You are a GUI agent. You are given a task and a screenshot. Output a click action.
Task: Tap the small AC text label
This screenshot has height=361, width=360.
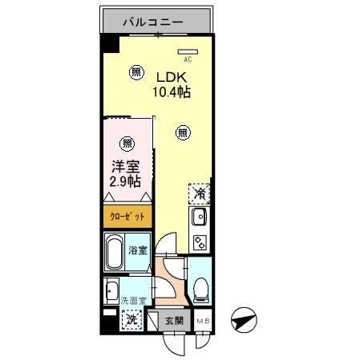[x=188, y=59]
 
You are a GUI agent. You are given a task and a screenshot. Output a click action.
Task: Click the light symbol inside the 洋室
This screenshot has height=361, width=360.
[x=126, y=144]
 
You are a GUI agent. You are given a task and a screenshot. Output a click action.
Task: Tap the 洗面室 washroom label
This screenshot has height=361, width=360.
[x=133, y=301]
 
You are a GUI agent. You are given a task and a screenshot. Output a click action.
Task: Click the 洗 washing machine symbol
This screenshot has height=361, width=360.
[x=130, y=319]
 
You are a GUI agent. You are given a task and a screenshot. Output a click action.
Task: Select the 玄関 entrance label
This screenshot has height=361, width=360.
[x=173, y=320]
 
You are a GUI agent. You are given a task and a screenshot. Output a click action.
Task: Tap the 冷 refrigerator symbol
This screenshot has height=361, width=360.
[x=200, y=193]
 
